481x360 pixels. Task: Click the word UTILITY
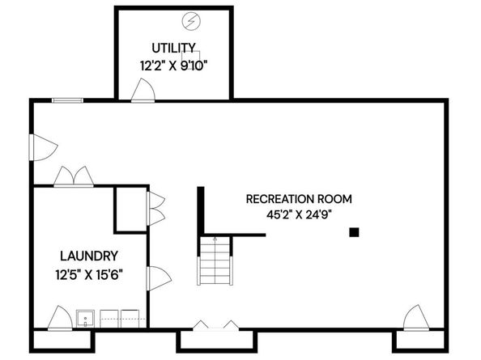[x=173, y=47]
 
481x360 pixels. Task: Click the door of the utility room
[x=142, y=91]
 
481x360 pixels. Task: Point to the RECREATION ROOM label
[x=300, y=198]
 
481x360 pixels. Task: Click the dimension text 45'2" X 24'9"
[x=300, y=214]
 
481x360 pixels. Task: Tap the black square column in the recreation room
[x=354, y=232]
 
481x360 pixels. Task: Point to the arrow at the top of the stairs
[x=215, y=239]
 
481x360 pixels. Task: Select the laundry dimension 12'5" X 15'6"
[x=88, y=273]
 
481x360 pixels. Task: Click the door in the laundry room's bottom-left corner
[x=60, y=319]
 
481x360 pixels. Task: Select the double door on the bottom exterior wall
[x=215, y=325]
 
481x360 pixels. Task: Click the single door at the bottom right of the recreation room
[x=414, y=318]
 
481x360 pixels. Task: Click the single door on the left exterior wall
[x=42, y=147]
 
